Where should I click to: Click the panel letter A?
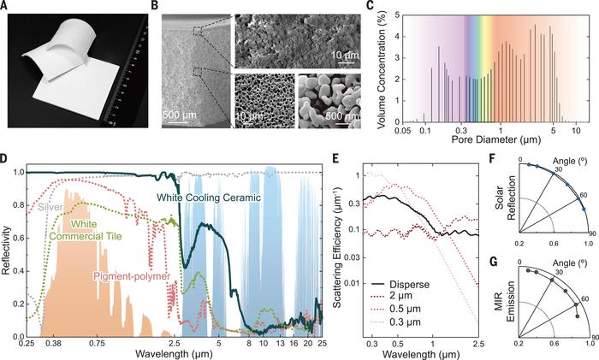tap(7, 7)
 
